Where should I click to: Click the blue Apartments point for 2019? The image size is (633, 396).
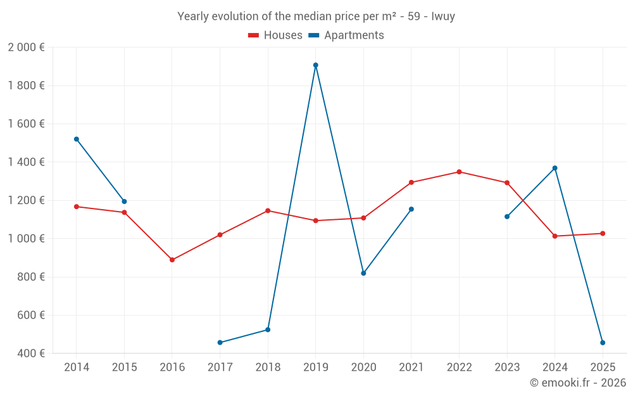315,65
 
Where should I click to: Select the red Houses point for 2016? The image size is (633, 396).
172,260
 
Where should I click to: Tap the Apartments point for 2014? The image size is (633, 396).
77,139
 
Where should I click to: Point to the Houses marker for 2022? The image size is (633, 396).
459,172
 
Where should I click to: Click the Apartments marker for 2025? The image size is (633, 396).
603,343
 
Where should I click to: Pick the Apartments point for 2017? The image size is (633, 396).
220,343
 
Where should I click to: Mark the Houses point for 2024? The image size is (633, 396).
555,236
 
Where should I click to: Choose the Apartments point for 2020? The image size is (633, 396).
363,273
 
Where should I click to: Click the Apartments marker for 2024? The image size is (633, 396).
555,168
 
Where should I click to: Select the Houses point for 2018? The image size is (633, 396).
268,211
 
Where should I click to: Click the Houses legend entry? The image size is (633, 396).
275,35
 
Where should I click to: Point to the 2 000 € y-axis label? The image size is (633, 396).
26,48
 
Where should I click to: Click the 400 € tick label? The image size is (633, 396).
30,354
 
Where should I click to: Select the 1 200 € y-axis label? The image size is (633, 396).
26,200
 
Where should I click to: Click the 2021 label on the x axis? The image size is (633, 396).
411,367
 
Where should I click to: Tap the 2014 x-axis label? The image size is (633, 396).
77,367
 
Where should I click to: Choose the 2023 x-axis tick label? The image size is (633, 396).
507,367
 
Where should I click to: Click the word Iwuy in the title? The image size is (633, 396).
443,16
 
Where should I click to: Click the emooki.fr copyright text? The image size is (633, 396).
578,383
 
